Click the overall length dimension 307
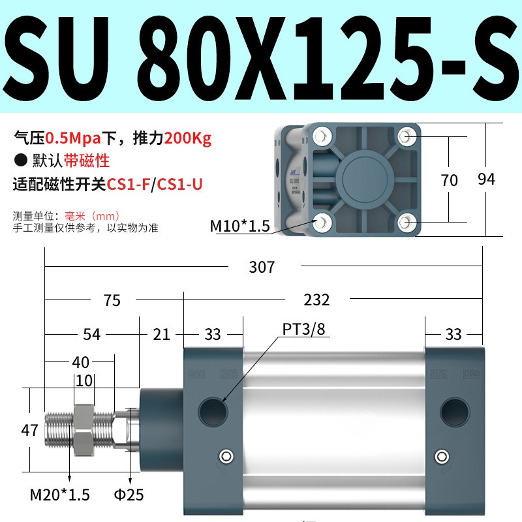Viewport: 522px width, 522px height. click(x=262, y=267)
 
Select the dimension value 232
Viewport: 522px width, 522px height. click(x=316, y=299)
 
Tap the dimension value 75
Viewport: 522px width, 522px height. click(x=112, y=299)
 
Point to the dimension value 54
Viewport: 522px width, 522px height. click(x=92, y=334)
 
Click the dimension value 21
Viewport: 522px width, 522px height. click(x=161, y=334)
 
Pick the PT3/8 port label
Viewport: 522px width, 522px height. click(x=303, y=329)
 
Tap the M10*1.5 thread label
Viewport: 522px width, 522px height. click(x=239, y=226)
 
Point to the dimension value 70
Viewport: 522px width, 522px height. click(x=449, y=180)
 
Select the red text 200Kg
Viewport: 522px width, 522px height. click(x=189, y=138)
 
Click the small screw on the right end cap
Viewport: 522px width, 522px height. click(x=442, y=456)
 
